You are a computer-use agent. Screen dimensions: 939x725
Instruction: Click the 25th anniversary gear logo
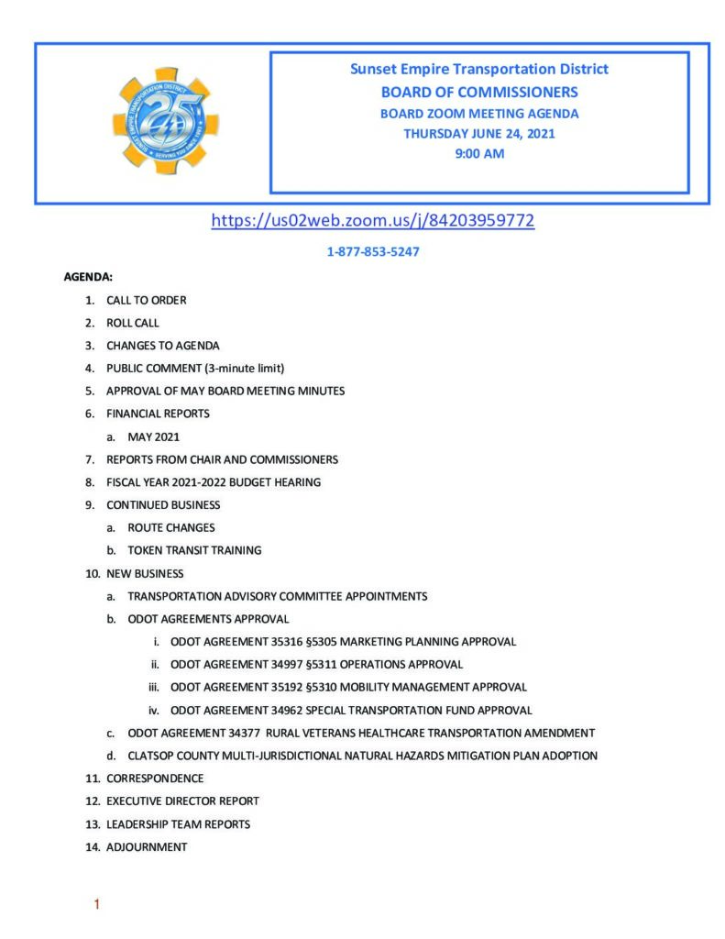tap(166, 121)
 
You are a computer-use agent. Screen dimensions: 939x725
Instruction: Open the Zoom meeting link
tap(372, 220)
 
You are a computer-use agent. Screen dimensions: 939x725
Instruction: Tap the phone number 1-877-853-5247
tap(373, 251)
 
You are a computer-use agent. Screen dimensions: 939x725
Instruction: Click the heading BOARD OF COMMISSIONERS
tap(479, 92)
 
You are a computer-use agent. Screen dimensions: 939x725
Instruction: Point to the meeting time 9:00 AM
tap(479, 154)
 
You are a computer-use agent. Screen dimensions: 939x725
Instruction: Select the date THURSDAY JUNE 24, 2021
tap(479, 134)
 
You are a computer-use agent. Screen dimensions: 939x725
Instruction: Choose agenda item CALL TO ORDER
tap(147, 300)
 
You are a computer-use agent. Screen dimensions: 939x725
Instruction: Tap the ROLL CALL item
tap(132, 323)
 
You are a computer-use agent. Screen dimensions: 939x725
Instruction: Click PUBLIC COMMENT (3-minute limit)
tap(195, 368)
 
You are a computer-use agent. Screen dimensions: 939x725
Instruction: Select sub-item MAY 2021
tap(153, 436)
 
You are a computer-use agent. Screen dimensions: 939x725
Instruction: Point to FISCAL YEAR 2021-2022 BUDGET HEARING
tap(214, 482)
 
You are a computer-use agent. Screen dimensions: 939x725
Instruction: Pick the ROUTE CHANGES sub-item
tap(171, 528)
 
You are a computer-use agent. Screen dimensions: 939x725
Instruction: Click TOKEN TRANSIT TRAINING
tap(194, 550)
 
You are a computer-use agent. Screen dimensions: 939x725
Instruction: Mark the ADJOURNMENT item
tap(147, 847)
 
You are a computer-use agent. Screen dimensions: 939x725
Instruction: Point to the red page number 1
tap(96, 906)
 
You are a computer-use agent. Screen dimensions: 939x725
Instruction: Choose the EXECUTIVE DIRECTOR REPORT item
tap(182, 801)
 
